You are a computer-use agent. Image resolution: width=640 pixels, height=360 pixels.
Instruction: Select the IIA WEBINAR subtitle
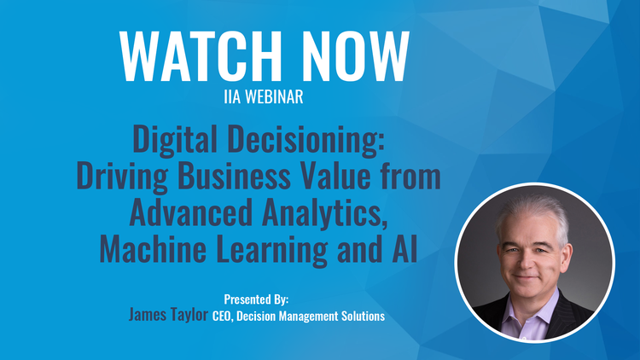(x=264, y=96)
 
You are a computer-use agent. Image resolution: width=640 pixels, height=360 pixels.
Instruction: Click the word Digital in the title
(x=175, y=139)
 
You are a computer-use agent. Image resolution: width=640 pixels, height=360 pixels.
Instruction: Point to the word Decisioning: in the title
(x=306, y=140)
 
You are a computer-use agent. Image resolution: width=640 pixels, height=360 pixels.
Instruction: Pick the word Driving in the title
(x=122, y=177)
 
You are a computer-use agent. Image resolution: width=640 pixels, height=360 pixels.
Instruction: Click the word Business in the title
(x=234, y=176)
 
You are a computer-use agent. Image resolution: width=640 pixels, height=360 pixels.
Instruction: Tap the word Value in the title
(x=335, y=176)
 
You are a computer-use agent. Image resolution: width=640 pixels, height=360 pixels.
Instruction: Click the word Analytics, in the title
(x=325, y=213)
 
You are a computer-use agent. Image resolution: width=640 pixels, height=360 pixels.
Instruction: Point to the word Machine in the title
(x=153, y=248)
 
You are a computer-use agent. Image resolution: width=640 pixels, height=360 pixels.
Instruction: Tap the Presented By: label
(x=256, y=299)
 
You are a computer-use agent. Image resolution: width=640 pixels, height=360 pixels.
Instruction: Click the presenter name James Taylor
(x=169, y=315)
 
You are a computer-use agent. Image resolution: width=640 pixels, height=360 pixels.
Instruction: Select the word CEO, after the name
(x=223, y=316)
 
